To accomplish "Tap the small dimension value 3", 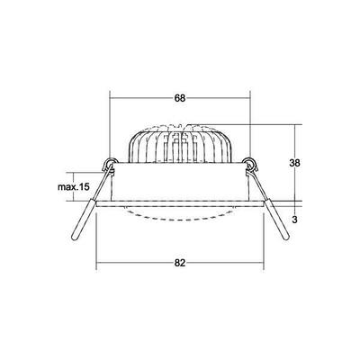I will (308, 217).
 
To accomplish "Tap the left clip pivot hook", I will (109, 165).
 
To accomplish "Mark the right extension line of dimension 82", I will (262, 243).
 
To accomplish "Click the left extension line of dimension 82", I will (96, 243).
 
